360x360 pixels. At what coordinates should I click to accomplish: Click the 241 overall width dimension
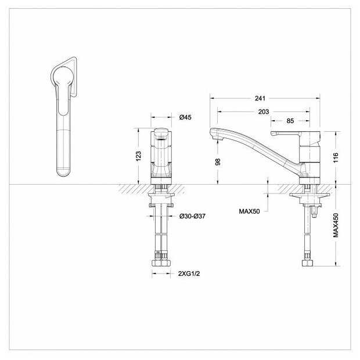click(x=260, y=98)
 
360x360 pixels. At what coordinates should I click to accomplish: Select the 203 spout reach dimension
click(x=264, y=111)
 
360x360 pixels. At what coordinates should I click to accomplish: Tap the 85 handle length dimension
click(x=290, y=121)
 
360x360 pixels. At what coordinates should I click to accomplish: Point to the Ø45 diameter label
click(x=185, y=117)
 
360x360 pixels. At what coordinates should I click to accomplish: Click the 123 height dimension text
click(x=138, y=156)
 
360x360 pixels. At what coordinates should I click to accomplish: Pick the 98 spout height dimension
click(x=218, y=162)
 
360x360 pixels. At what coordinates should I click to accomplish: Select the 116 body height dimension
click(x=336, y=157)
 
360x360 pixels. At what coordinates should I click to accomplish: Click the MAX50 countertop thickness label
click(x=249, y=211)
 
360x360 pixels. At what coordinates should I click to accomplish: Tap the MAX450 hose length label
click(x=336, y=225)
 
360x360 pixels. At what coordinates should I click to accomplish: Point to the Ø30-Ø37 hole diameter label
click(x=192, y=216)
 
